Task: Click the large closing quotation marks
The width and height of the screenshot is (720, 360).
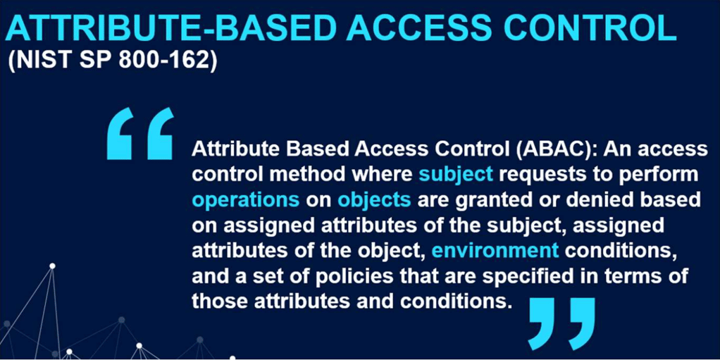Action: click(561, 323)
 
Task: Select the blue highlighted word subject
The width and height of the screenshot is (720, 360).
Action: click(456, 174)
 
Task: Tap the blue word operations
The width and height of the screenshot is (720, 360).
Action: click(246, 199)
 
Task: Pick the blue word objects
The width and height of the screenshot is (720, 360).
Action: click(373, 199)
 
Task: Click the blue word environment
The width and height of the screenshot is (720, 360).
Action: click(495, 250)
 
